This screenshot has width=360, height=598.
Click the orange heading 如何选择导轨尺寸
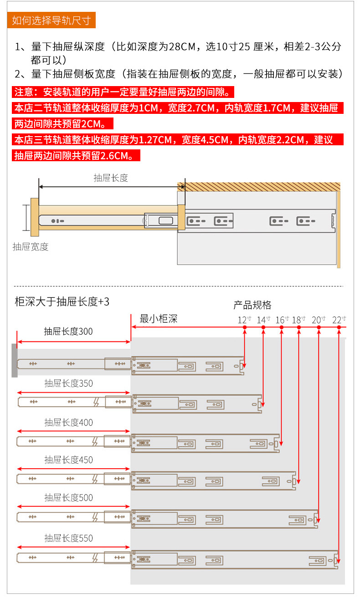(51, 20)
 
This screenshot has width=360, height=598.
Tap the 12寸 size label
(244, 320)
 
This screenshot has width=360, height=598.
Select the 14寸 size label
(263, 320)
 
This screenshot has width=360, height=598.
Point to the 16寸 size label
(282, 320)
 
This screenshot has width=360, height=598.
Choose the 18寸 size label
(298, 320)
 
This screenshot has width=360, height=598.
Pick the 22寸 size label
(339, 320)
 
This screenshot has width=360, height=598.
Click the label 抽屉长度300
(68, 332)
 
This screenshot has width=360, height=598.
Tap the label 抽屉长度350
(68, 383)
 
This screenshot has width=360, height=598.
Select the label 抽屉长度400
(68, 423)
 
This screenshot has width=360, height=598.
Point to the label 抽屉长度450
(68, 460)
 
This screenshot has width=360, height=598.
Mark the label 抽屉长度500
(68, 498)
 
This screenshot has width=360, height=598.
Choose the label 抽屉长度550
(68, 538)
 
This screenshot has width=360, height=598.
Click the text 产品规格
(252, 305)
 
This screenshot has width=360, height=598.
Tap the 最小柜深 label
(158, 319)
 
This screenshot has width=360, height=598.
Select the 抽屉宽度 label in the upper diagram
(31, 247)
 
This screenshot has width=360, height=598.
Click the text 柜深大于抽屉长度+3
(62, 302)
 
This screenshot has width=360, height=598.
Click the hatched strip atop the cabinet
(258, 187)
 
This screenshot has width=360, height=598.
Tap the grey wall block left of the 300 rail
(15, 360)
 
